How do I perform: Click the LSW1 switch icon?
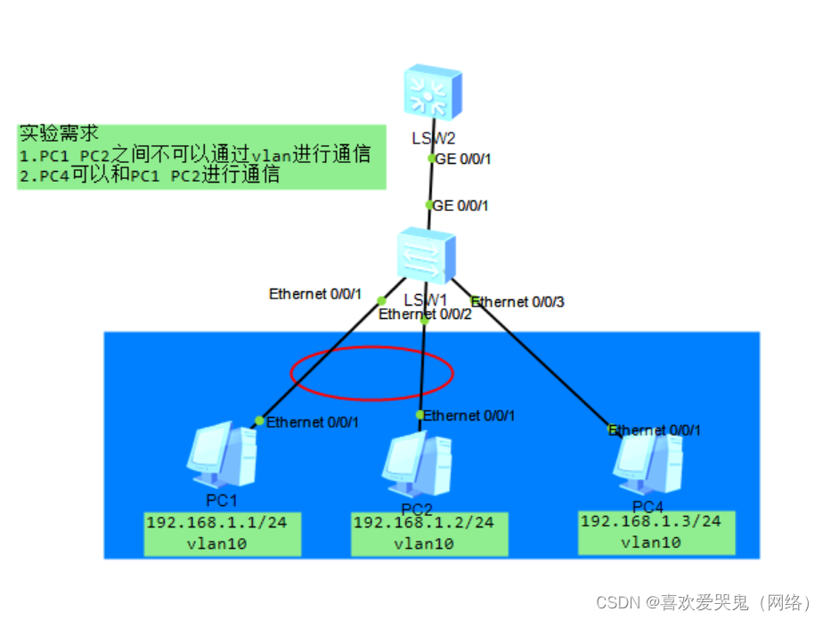(x=426, y=256)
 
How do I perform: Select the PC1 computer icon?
(x=223, y=461)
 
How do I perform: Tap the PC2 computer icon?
(x=417, y=466)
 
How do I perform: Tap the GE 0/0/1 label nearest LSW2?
(x=461, y=159)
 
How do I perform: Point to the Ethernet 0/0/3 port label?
(x=517, y=302)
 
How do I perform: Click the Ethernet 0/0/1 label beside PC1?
(x=313, y=421)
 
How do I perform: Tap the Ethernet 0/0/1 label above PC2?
(x=469, y=415)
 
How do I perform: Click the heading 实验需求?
(x=58, y=134)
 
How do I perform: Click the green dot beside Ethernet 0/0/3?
(x=474, y=299)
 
